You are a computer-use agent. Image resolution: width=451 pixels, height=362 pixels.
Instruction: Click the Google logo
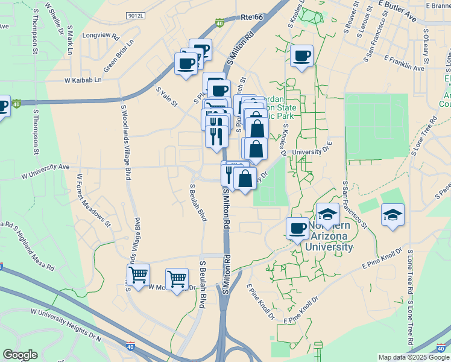tap(20, 355)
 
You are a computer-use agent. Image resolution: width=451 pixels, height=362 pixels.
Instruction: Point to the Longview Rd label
tap(101, 36)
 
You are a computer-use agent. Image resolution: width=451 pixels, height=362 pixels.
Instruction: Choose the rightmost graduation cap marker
tap(393, 215)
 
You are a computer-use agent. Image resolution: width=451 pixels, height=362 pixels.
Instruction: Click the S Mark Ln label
tap(70, 40)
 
